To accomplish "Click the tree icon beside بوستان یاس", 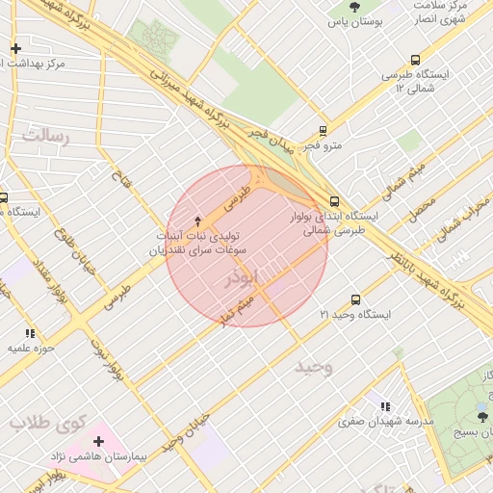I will click(355, 7).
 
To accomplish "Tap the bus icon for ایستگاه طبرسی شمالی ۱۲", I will click(415, 60).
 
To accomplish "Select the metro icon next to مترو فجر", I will click(323, 131).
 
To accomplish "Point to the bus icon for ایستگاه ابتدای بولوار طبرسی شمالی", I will click(334, 202).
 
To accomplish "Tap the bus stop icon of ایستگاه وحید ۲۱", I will click(356, 300).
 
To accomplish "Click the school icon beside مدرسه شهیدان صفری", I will click(386, 407).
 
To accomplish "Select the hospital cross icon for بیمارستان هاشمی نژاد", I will click(98, 441).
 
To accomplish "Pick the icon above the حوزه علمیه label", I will click(30, 333).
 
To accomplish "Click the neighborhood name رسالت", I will click(46, 136).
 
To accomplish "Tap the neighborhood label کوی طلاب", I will click(47, 422).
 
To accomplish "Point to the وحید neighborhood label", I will click(314, 367).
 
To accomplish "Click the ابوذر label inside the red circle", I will click(241, 279).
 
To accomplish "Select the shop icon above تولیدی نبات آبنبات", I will click(198, 221).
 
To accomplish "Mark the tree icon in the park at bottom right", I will click(481, 416).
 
